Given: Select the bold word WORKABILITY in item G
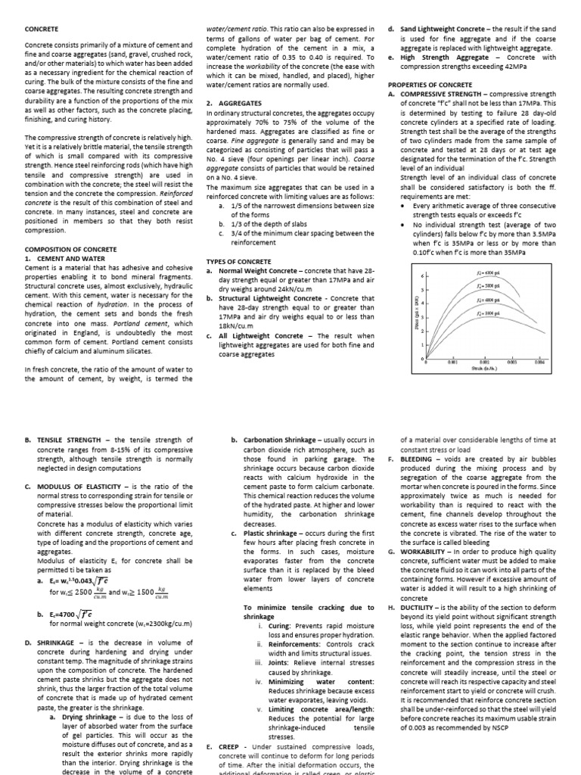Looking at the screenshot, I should pos(427,552).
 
